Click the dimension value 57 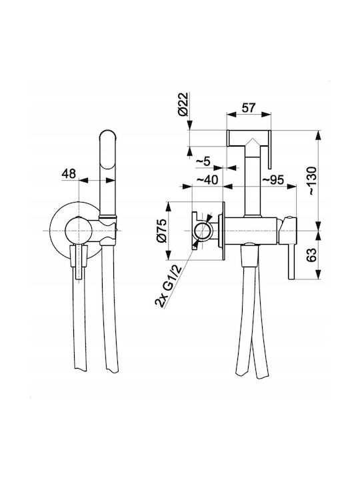tap(248, 108)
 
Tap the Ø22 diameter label tap(183, 104)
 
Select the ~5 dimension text tap(203, 161)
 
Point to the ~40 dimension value tap(207, 180)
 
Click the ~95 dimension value tap(273, 180)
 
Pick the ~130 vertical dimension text tap(311, 181)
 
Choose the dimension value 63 tap(311, 255)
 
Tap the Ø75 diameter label tap(161, 231)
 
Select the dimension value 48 tap(69, 173)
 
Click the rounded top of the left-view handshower tap(109, 135)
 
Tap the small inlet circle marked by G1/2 tap(203, 231)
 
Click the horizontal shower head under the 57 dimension tap(249, 139)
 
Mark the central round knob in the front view tap(79, 231)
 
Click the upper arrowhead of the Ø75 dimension tap(169, 206)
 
